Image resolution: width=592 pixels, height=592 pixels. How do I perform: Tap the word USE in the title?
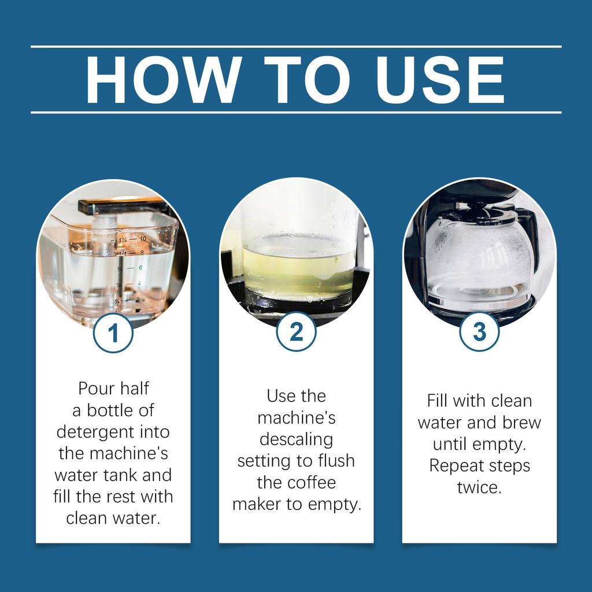coord(440,80)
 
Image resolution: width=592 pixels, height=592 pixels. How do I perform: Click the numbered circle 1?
coord(113,333)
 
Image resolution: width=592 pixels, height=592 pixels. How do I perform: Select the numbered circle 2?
coord(297,331)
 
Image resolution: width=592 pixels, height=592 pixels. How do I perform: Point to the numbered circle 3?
coord(479,331)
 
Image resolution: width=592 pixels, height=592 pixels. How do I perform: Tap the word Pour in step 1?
coord(94,388)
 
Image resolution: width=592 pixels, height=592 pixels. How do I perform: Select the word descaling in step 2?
coord(297,439)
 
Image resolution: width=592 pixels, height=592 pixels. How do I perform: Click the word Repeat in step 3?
coord(453,466)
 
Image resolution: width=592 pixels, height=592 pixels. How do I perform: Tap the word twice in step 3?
coord(479,487)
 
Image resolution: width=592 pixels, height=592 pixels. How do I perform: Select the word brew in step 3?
coord(522,423)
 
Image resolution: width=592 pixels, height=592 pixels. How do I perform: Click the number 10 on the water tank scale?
coord(143,239)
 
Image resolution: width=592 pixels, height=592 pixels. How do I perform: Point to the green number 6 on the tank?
coord(140,267)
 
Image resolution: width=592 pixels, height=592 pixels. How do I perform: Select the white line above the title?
coord(296,47)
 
